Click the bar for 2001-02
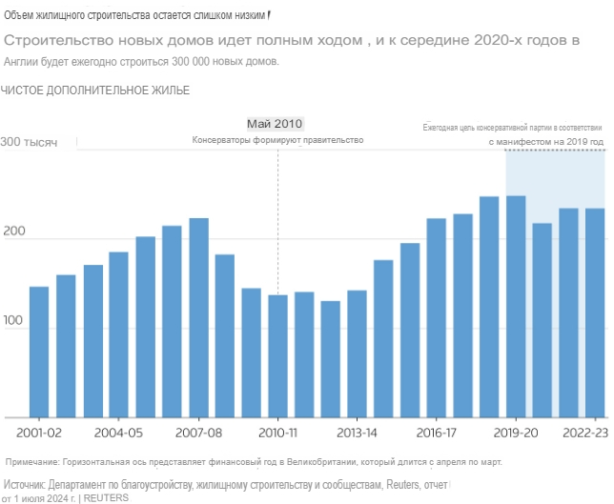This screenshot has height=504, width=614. (39, 352)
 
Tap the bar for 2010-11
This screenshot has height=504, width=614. (277, 356)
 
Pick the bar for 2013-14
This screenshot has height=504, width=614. (357, 353)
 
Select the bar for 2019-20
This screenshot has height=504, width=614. (516, 306)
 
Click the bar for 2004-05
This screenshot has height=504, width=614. (119, 334)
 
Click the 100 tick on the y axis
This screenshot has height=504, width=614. (13, 326)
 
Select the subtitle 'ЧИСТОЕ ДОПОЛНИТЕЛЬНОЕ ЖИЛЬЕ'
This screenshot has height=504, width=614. (95, 91)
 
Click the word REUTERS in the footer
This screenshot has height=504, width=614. (107, 497)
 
